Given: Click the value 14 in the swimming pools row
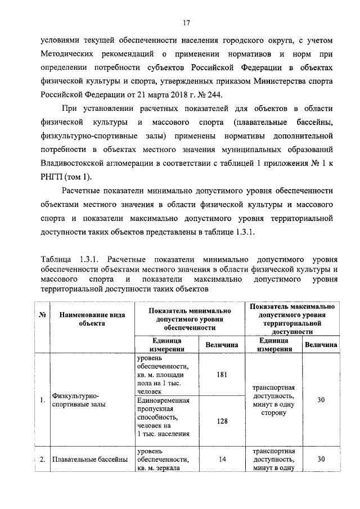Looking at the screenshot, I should click(222, 459).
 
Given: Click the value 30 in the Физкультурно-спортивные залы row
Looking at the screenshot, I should click(321, 399).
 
